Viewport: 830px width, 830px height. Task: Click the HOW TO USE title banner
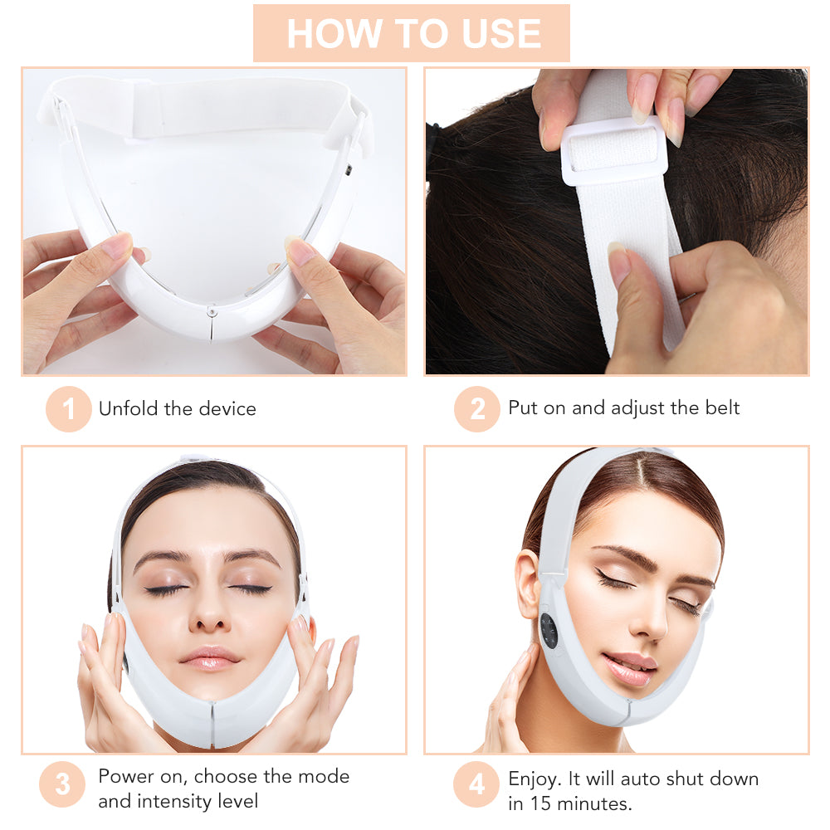[x=412, y=33]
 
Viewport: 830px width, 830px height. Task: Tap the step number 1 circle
[x=68, y=408]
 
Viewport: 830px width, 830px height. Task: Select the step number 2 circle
[x=476, y=408]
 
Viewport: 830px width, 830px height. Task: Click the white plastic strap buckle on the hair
[x=613, y=149]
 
